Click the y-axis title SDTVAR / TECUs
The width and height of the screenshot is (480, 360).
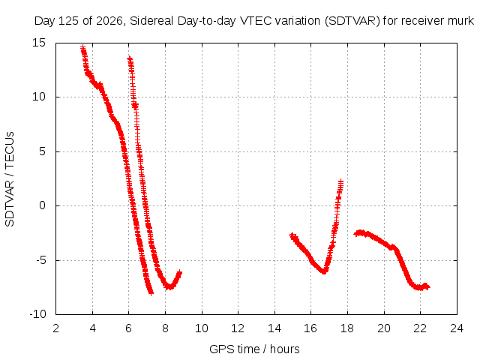tap(10, 179)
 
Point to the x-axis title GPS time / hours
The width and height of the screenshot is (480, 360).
tap(254, 349)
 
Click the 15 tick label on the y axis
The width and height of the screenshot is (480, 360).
tap(38, 43)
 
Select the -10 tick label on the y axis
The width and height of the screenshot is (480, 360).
tap(37, 314)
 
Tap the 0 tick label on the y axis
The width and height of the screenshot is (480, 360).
tap(42, 205)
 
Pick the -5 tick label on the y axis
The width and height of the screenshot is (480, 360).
tap(40, 260)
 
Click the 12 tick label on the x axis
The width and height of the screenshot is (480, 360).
tap(238, 328)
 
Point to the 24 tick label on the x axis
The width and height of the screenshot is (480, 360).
tap(457, 328)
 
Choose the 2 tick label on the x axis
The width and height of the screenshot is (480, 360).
tap(55, 328)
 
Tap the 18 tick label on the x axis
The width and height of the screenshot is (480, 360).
tap(347, 328)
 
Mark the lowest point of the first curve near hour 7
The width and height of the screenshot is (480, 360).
tap(151, 293)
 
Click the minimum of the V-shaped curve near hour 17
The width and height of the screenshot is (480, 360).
tap(324, 271)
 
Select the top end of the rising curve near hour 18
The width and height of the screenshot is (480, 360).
tap(340, 181)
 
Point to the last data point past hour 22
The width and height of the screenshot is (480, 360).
tap(427, 286)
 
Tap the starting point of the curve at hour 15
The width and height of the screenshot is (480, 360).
tap(292, 235)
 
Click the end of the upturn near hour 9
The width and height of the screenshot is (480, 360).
tap(180, 272)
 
